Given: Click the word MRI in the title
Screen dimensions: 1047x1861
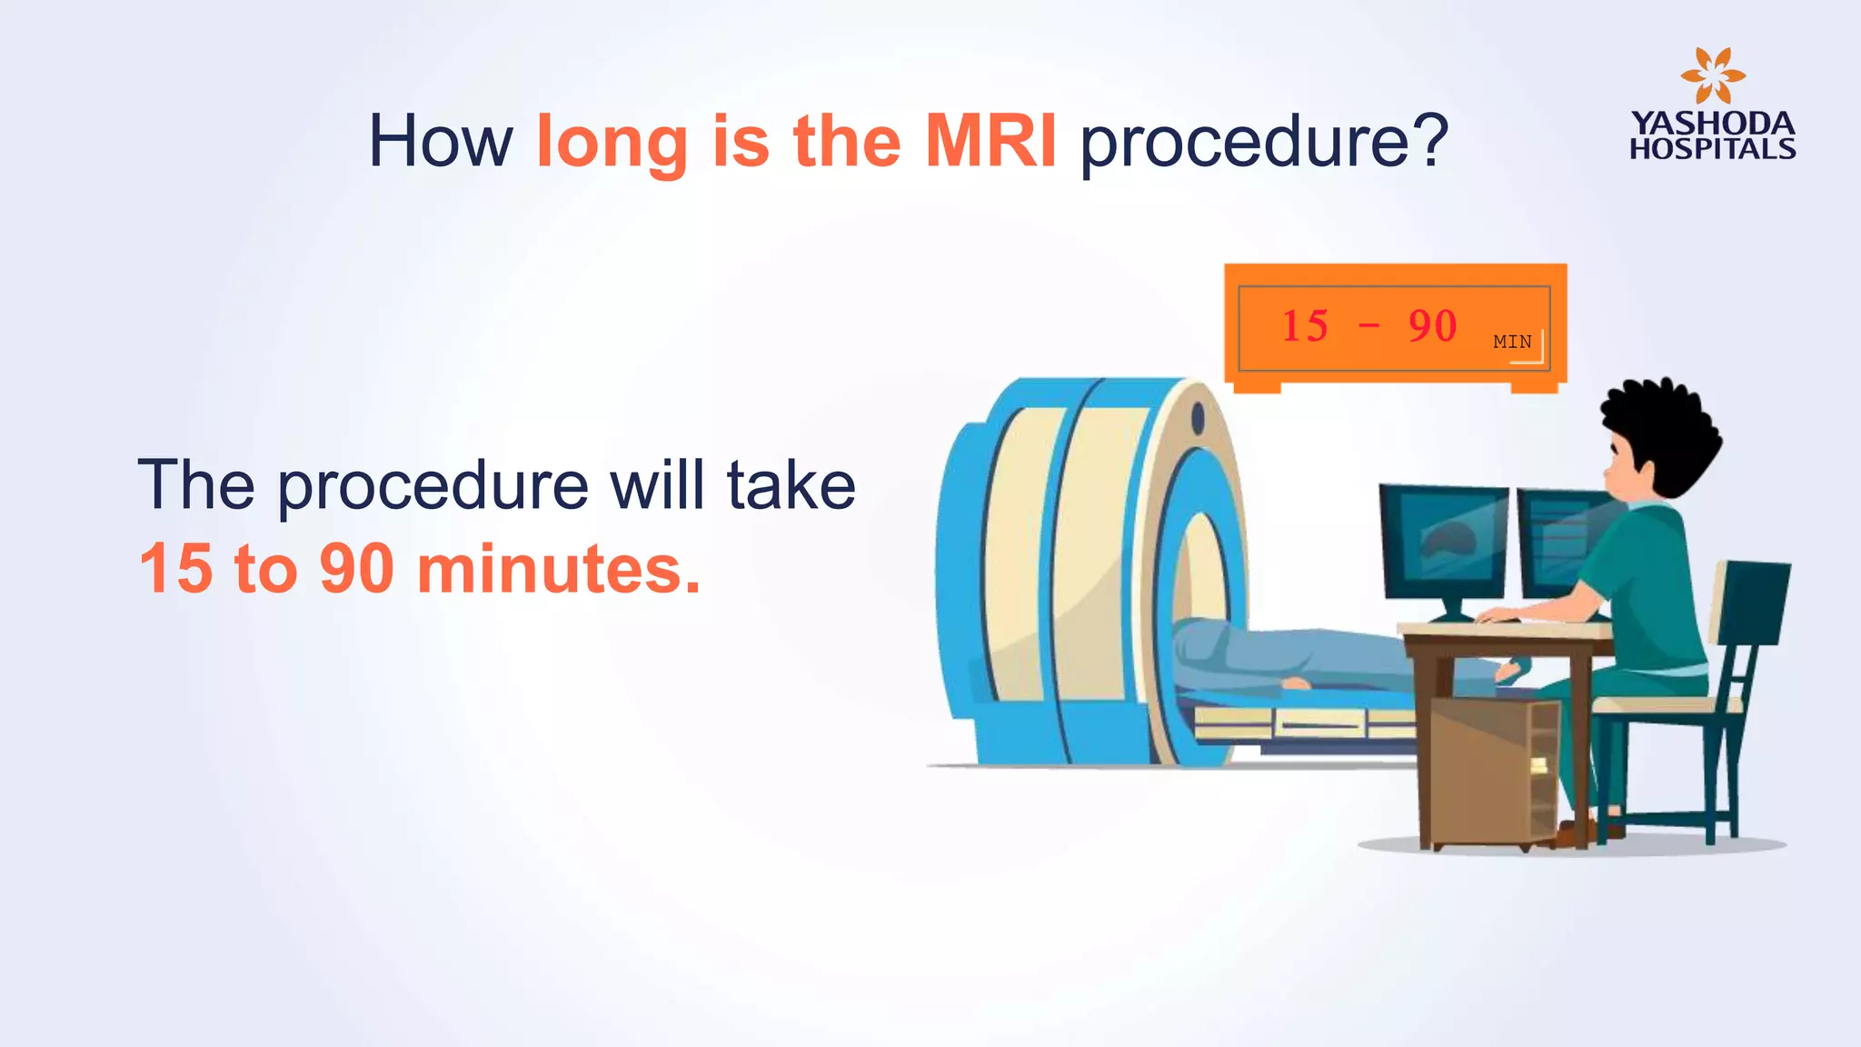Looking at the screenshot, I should [990, 142].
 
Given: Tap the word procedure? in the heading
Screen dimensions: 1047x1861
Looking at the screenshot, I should [1263, 144].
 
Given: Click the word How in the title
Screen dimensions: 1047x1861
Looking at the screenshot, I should [441, 142].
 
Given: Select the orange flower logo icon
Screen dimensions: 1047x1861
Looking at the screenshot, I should [1713, 76].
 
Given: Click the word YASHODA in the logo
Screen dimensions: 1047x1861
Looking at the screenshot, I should [1713, 124].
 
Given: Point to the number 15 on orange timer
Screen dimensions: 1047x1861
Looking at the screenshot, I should [1305, 326].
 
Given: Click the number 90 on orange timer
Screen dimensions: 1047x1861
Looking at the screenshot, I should [1432, 326].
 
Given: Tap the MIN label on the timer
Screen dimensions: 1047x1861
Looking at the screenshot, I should [1512, 342].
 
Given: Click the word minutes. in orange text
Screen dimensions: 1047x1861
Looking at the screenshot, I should [559, 569].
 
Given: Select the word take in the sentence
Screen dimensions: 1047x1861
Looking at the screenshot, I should [791, 485].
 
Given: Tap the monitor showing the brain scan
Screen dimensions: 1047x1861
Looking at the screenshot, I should [1443, 542].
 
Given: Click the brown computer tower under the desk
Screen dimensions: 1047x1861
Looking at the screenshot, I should [1490, 773].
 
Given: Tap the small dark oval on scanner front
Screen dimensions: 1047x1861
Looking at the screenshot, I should [1198, 418].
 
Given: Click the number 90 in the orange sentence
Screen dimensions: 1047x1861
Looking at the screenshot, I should [356, 569].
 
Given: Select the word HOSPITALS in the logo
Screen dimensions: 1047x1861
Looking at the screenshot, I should [1713, 149].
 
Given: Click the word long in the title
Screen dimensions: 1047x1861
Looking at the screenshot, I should [612, 144].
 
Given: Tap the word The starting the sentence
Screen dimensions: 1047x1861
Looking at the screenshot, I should [195, 485].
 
